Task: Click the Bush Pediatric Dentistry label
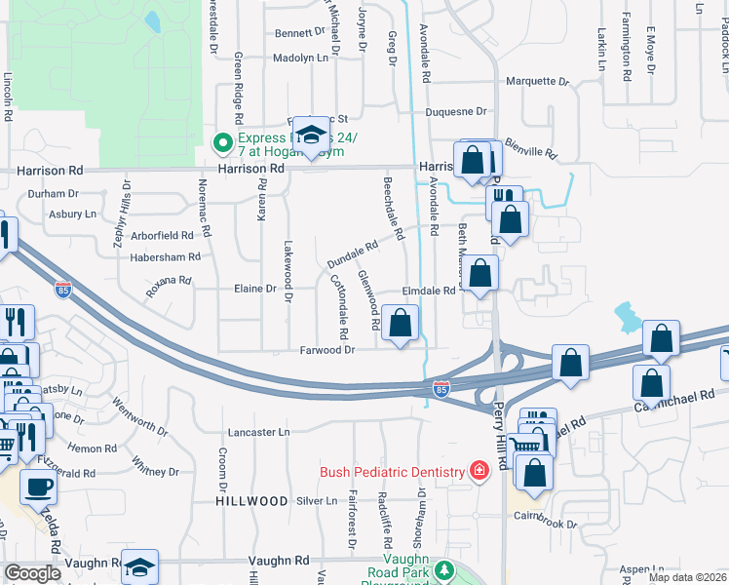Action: coord(393,473)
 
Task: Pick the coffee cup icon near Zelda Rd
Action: coord(39,487)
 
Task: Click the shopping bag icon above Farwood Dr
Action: coord(401,323)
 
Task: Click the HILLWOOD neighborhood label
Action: coord(252,501)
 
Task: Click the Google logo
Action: coord(32,573)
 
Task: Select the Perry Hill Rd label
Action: coord(501,434)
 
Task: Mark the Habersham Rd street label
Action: coord(166,257)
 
